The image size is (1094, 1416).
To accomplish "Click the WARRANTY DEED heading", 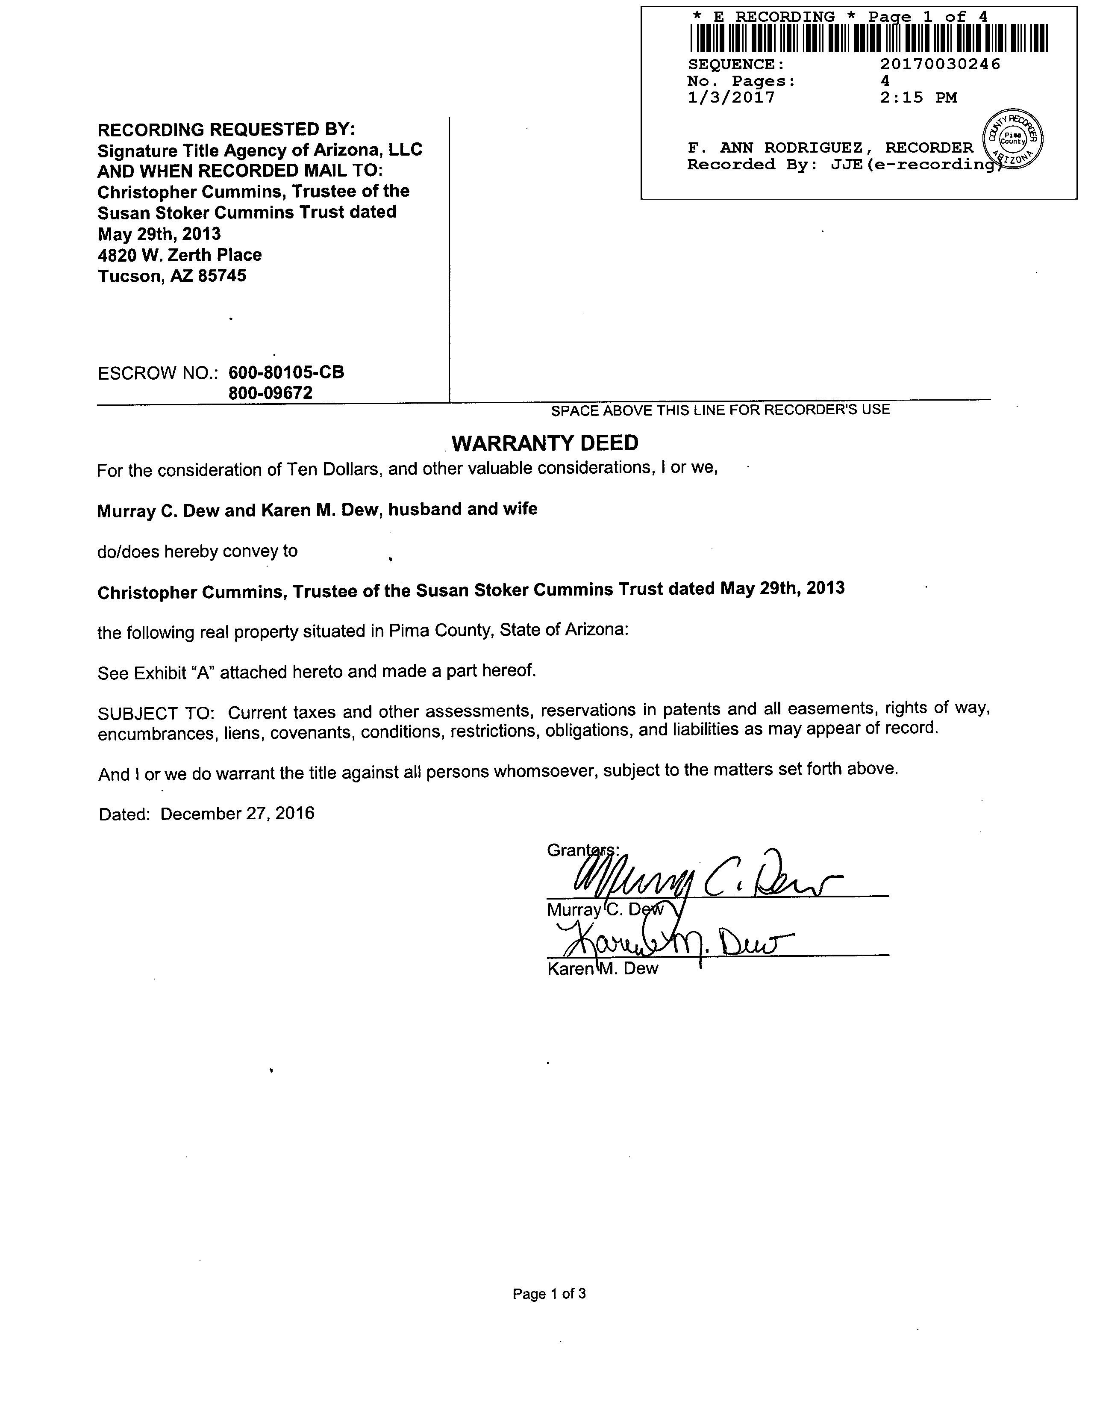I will click(544, 443).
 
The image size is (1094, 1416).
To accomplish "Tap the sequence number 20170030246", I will click(940, 64).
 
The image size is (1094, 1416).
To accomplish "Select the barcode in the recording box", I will click(868, 38).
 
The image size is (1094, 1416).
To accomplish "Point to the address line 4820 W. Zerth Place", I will click(179, 255).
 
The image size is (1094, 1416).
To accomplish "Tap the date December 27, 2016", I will click(237, 813).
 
